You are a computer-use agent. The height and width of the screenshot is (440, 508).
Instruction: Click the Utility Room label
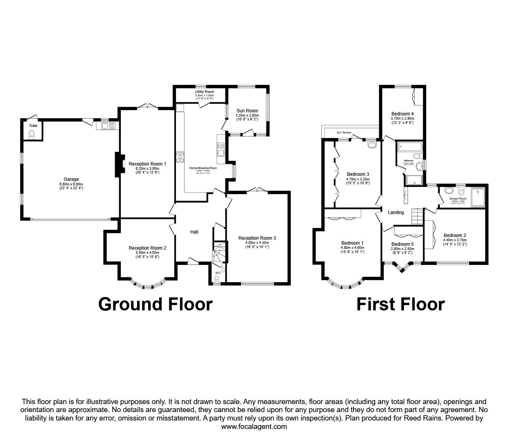tap(204, 92)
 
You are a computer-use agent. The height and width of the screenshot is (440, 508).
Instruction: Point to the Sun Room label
tap(247, 111)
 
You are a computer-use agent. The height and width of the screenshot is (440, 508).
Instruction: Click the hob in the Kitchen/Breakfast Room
tap(180, 157)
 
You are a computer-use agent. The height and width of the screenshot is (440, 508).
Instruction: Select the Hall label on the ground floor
tap(194, 232)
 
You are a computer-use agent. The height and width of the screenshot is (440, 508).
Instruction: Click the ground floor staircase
tap(219, 252)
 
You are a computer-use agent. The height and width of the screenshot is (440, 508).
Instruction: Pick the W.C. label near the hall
tap(218, 273)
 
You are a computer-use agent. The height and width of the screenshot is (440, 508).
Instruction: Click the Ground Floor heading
tap(155, 304)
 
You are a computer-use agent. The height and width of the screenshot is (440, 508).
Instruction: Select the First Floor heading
tap(401, 304)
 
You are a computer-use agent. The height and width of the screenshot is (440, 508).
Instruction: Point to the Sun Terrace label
tap(344, 132)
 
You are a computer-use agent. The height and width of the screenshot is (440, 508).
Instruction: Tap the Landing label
tap(396, 212)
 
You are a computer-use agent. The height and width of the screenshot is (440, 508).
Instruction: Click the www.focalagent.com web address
tap(254, 427)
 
